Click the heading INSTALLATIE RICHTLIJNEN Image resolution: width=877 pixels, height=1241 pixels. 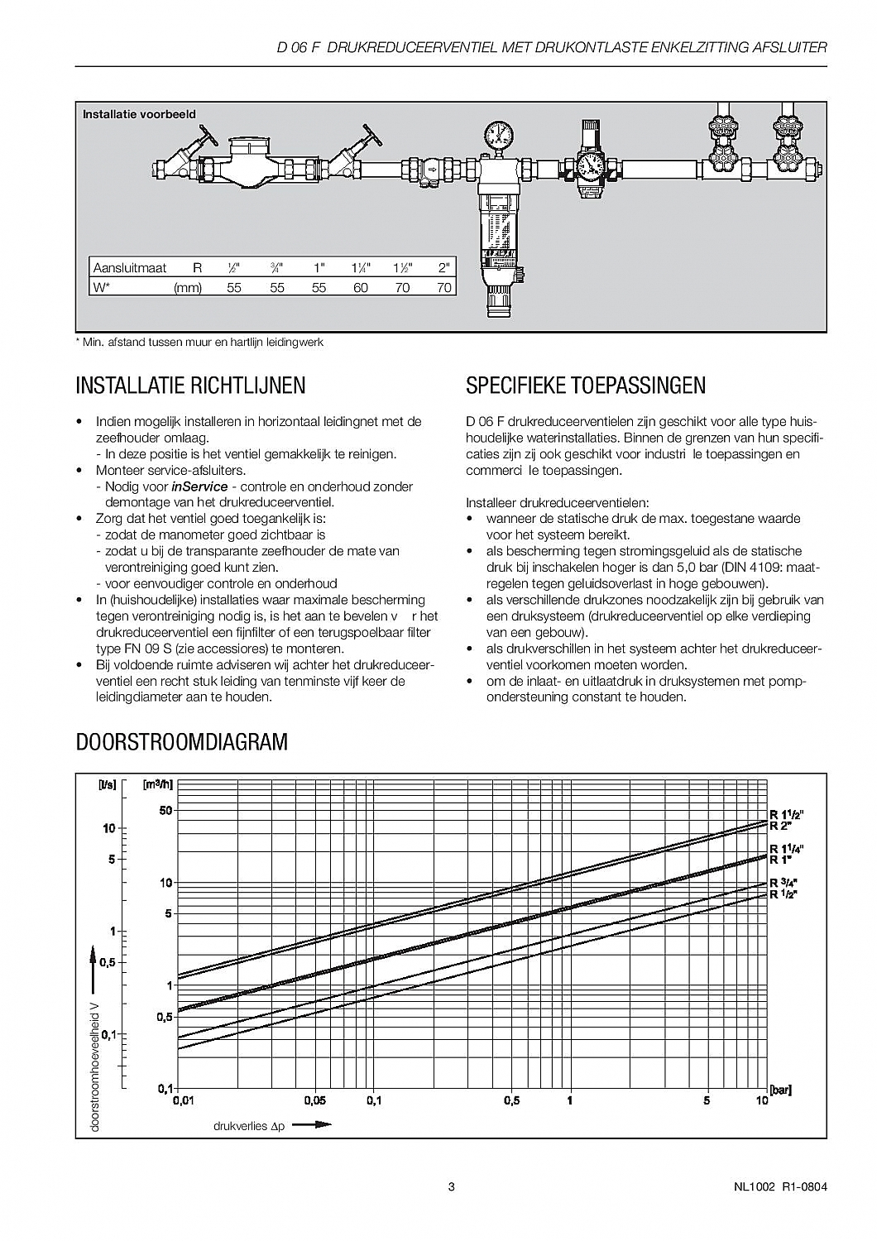190,386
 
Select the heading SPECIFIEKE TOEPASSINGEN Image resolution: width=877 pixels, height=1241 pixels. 586,386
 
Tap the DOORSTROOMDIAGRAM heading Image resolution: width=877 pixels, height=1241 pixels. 182,742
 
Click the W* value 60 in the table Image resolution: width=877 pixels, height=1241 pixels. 361,288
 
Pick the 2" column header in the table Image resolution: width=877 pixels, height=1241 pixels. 444,268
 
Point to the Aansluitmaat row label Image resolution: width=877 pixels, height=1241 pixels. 130,268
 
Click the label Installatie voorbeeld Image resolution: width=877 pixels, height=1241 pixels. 139,114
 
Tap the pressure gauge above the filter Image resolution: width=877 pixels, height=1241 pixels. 499,134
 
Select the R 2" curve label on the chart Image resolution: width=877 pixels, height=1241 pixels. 781,827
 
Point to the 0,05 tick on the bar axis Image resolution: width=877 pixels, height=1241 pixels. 315,1101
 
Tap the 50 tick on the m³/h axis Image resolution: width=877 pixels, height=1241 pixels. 165,811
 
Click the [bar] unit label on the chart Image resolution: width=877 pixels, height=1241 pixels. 780,1090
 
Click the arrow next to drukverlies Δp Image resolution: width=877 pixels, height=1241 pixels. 312,1124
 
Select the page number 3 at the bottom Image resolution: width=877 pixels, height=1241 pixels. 451,1188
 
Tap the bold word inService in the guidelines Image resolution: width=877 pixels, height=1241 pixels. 199,486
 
